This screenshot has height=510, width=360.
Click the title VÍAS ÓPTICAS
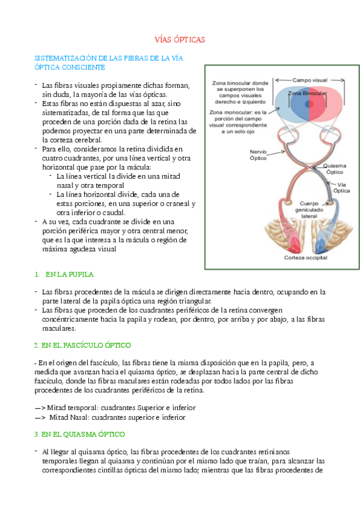(180, 40)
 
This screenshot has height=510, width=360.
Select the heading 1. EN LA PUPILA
(64, 274)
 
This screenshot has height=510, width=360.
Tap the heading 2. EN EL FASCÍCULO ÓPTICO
(82, 345)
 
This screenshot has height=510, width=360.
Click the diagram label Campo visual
(310, 79)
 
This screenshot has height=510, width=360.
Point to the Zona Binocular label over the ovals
(307, 94)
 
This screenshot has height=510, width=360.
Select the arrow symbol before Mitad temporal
(40, 407)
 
